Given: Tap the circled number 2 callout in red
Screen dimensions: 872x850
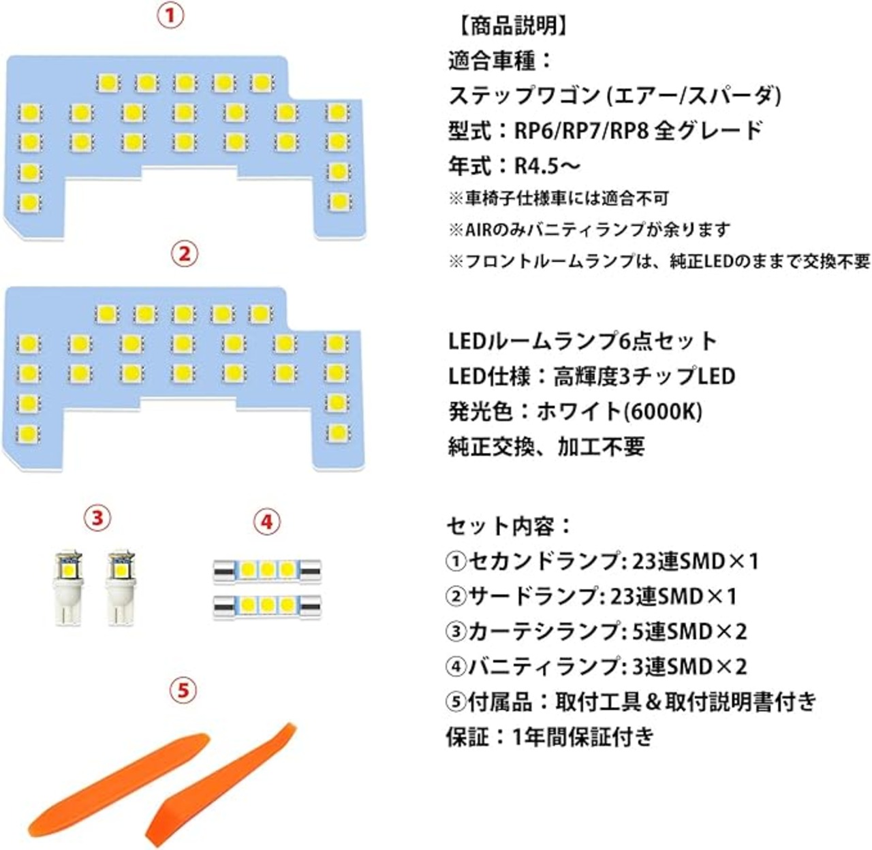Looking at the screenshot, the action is click(x=183, y=254).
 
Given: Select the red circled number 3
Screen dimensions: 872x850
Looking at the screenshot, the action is click(x=97, y=518).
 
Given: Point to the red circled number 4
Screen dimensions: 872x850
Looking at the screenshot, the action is click(x=266, y=522).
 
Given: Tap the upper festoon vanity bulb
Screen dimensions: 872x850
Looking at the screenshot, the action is click(x=266, y=570).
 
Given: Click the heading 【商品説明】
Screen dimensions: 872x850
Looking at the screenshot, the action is click(x=508, y=27).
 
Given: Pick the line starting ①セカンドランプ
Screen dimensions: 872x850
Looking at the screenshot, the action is click(x=602, y=562).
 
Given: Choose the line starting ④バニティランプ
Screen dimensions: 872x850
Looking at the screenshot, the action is click(x=597, y=667).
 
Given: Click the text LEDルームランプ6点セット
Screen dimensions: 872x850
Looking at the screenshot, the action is click(x=582, y=341).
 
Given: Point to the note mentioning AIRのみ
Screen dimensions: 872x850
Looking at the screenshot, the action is click(x=589, y=230).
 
